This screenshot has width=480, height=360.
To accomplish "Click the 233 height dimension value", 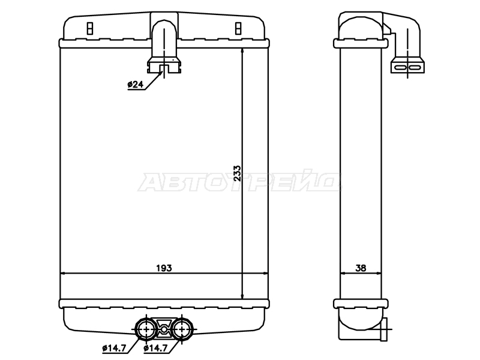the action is click(238, 173).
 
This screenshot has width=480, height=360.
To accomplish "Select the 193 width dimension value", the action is click(164, 268).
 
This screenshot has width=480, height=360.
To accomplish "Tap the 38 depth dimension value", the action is click(361, 268).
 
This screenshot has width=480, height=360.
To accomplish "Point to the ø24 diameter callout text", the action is click(136, 84).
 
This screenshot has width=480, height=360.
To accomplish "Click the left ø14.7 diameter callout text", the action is click(114, 348).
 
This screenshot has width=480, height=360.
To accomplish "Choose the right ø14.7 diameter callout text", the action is click(155, 348).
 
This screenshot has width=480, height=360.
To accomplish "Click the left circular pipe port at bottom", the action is click(146, 329).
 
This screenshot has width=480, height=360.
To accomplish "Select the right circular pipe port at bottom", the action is click(182, 329).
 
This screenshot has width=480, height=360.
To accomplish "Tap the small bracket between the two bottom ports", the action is click(164, 328).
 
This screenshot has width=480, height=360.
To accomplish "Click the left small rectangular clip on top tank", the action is click(89, 28).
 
